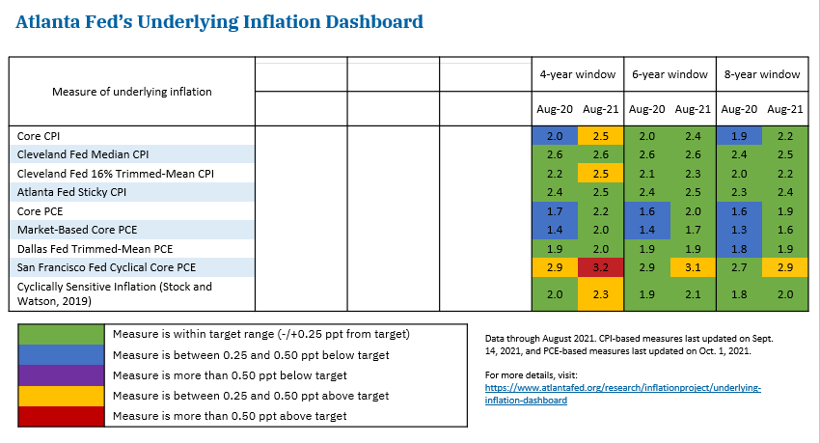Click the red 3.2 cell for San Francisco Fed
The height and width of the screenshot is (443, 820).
pos(600,265)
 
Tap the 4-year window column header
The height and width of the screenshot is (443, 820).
pos(577,74)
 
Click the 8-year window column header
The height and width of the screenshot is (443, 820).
pos(761,74)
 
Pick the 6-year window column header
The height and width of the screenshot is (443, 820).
pos(670,74)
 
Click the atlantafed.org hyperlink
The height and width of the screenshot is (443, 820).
pos(622,394)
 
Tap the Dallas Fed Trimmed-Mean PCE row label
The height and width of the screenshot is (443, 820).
pos(86,248)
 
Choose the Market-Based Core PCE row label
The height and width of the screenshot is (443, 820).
pos(78,229)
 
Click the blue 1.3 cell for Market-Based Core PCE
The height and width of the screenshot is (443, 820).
pos(738,229)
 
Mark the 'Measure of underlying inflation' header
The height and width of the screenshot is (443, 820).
pos(132,92)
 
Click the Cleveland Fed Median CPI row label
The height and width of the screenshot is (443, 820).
pos(83,154)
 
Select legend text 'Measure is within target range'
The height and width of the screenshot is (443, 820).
pos(260,334)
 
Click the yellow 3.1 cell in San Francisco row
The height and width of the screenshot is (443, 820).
pos(693,265)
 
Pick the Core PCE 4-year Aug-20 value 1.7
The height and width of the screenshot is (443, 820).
pos(554,210)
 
